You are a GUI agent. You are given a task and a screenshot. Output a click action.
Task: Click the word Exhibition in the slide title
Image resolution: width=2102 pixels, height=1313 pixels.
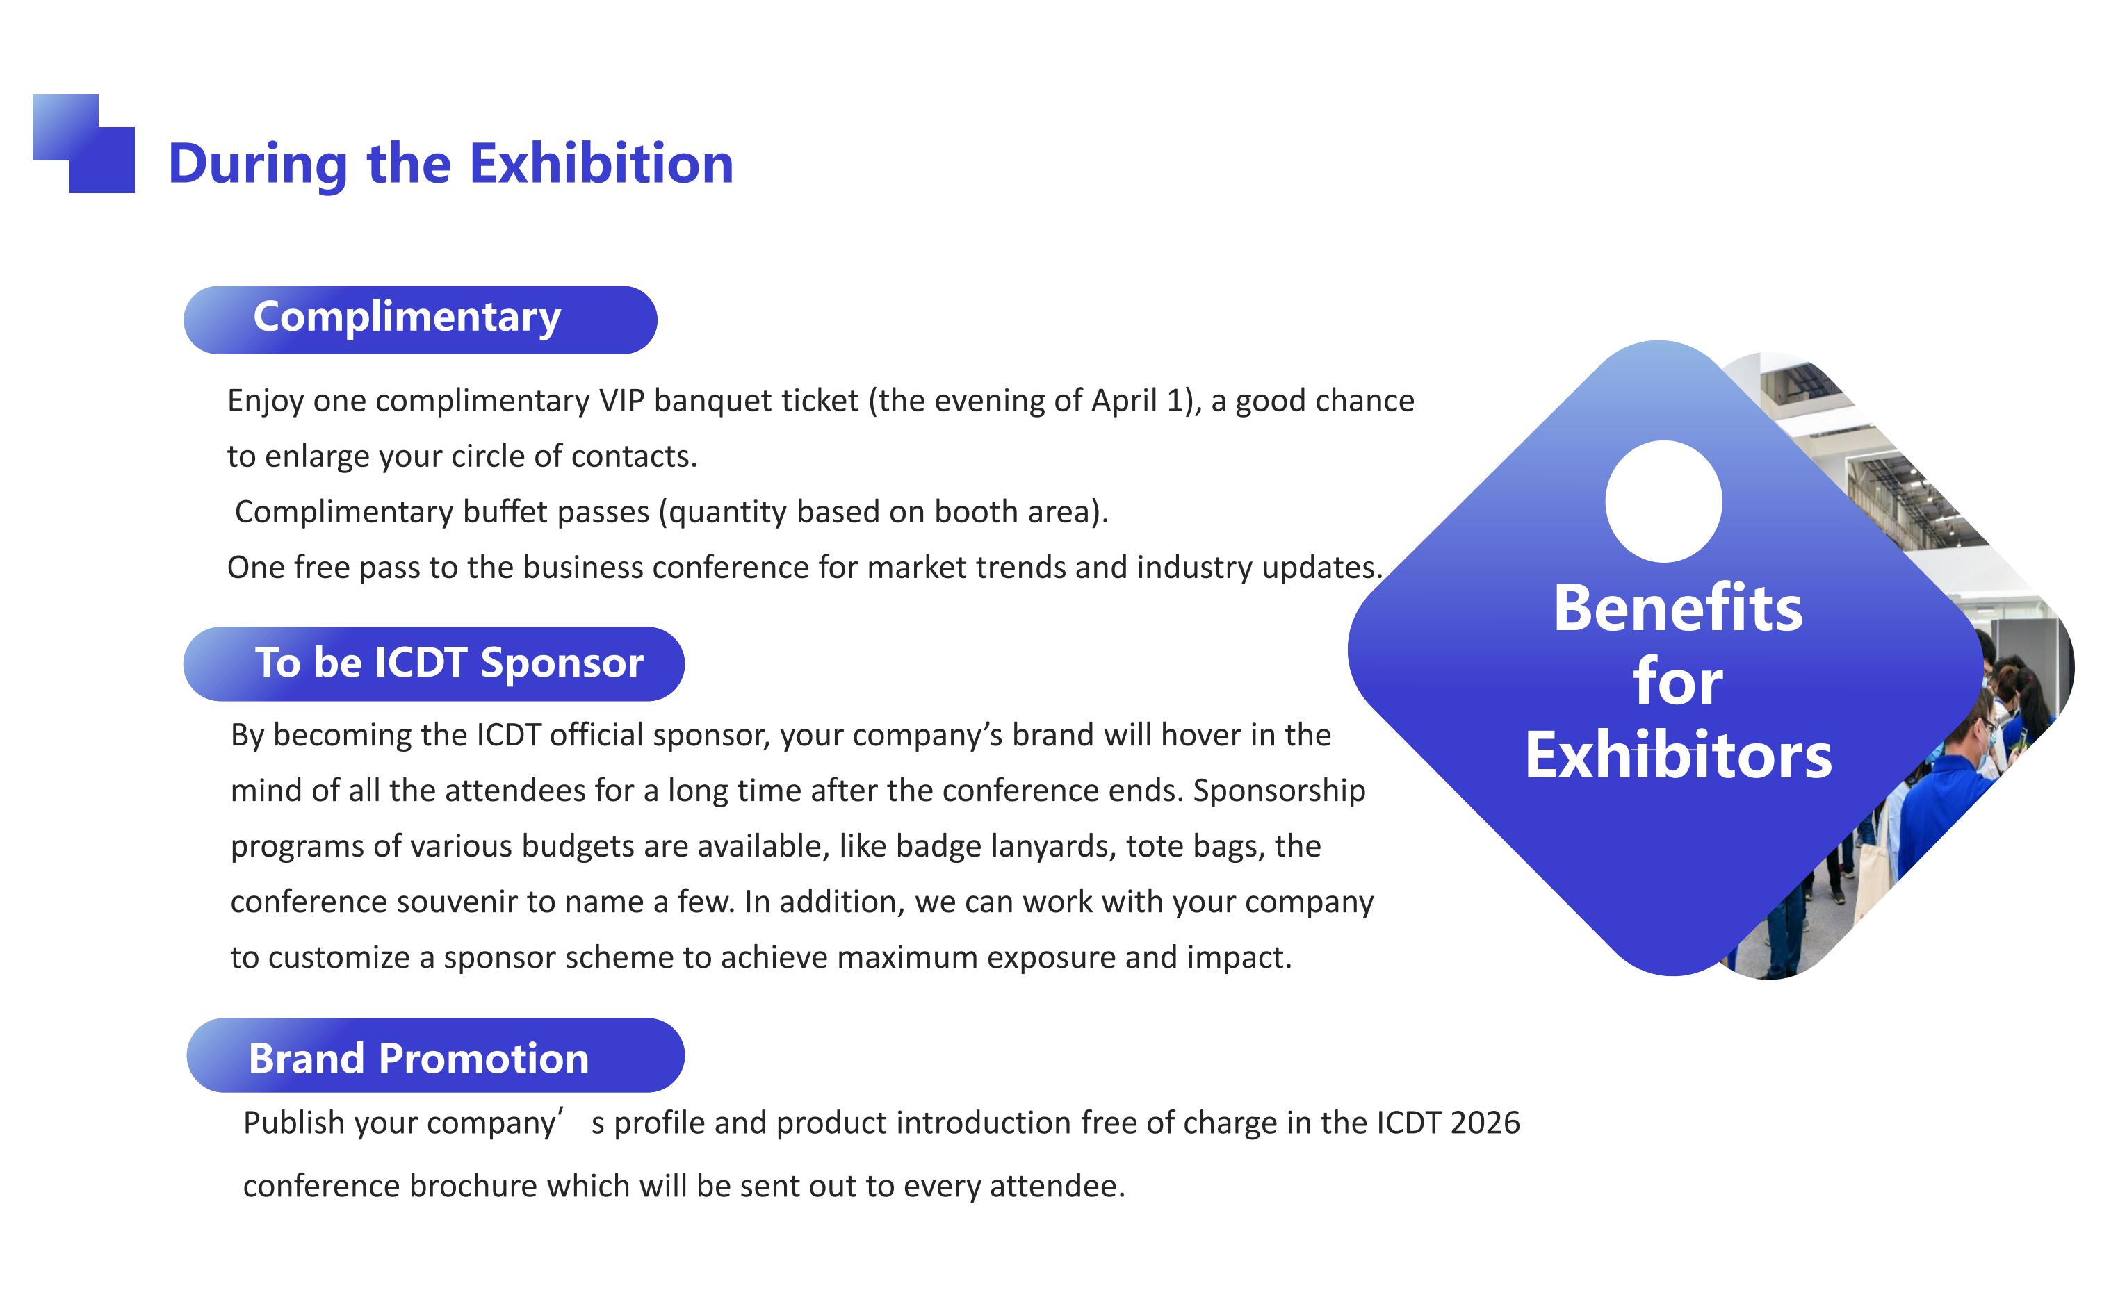point(602,163)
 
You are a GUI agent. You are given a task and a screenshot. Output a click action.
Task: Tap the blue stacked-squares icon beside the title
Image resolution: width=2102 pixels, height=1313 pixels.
point(83,143)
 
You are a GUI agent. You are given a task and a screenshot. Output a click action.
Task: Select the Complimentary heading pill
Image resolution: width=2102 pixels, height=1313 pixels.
point(421,320)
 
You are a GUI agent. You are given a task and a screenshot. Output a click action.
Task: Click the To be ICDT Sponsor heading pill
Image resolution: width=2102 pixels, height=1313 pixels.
point(434,663)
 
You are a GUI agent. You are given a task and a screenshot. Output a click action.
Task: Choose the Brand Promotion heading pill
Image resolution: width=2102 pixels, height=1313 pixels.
point(435,1055)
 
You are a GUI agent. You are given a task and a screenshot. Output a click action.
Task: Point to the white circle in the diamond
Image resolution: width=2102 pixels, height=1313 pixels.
point(1663,501)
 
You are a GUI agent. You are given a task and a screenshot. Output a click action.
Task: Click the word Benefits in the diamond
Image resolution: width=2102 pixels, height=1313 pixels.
point(1678,608)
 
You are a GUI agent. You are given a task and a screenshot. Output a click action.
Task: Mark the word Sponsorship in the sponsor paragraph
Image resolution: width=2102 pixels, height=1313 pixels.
point(1278,791)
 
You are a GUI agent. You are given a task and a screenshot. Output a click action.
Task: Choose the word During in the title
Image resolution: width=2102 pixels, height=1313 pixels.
point(258,164)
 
